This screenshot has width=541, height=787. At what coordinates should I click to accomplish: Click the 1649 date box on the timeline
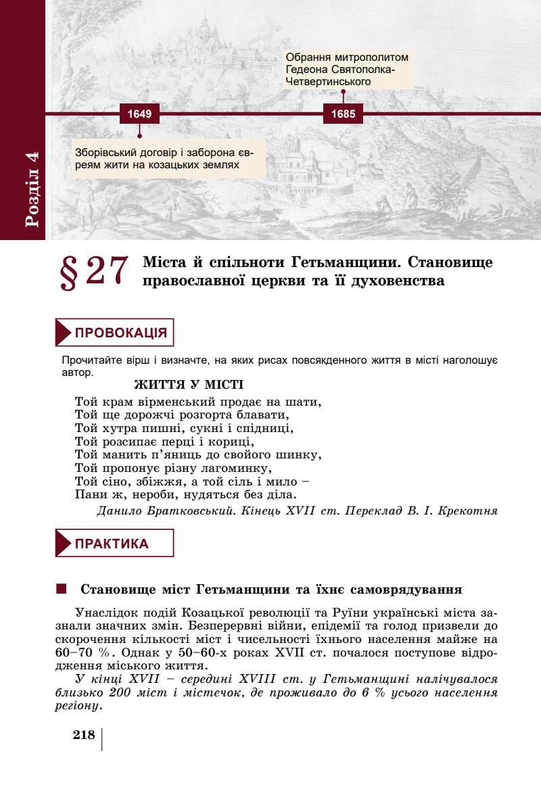pos(139,114)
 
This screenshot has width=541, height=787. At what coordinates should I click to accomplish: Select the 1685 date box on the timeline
pos(343,114)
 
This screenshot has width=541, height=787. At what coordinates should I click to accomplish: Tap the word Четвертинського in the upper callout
pos(328,81)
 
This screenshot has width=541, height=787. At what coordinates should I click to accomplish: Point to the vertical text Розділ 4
pos(32,189)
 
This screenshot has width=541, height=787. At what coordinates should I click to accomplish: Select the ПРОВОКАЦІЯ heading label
pos(121,333)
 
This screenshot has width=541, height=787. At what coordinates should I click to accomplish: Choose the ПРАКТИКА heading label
pos(112,543)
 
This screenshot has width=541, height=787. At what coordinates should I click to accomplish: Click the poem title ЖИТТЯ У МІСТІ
pos(189,385)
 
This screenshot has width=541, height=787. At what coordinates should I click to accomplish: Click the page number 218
pos(85,736)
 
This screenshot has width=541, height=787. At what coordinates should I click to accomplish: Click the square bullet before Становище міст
pos(62,589)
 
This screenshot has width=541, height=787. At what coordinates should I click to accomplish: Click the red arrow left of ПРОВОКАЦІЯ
pos(64,333)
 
